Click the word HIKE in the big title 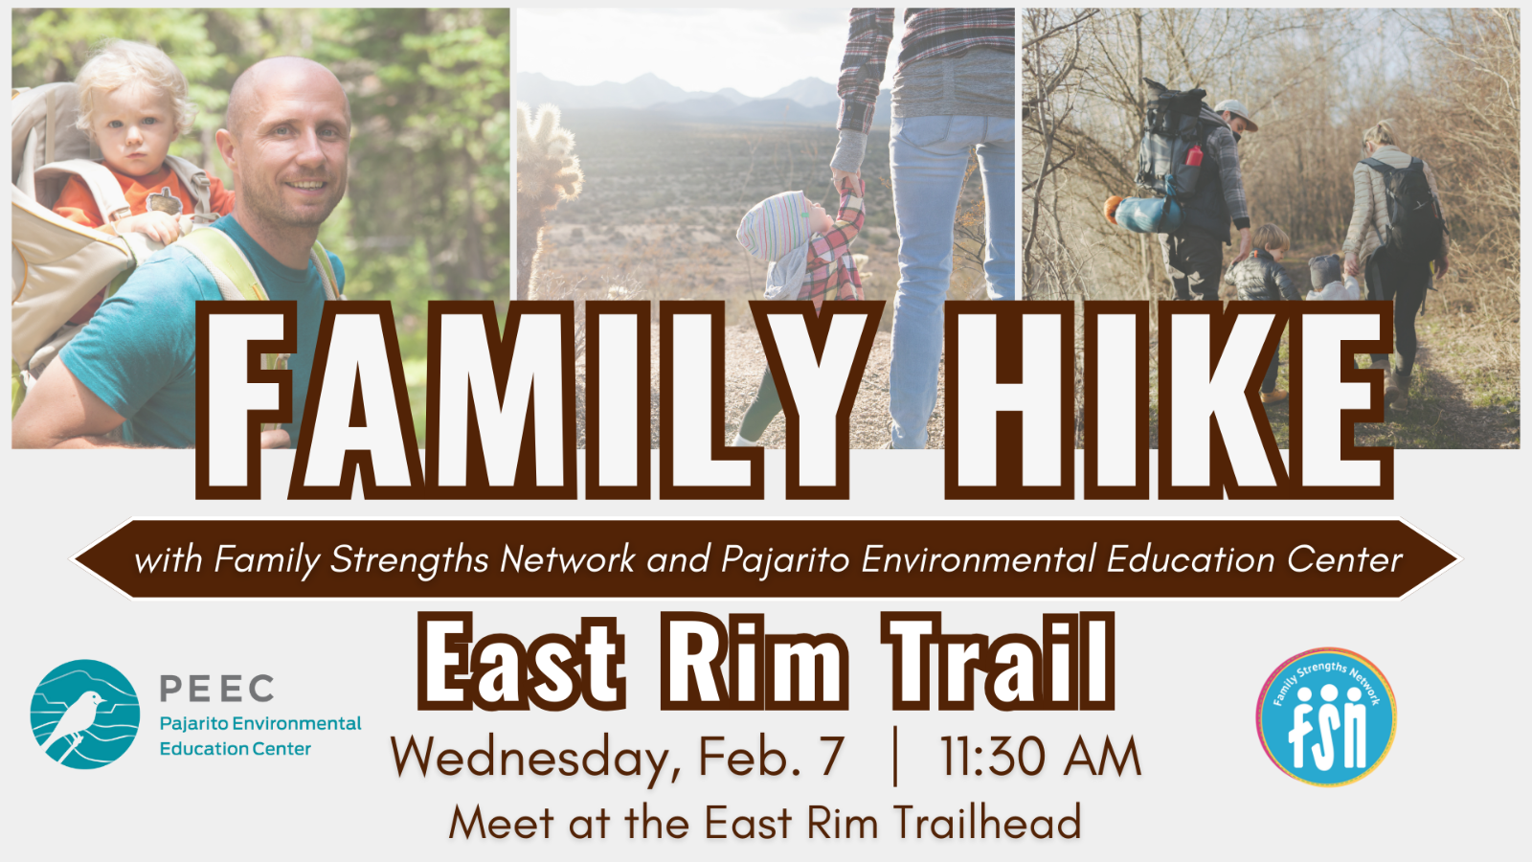[x=1168, y=400]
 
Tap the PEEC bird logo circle [x=85, y=715]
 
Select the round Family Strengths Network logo [x=1325, y=717]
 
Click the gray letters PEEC [x=216, y=689]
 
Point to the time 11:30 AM [x=1040, y=758]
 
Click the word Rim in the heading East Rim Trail [x=754, y=660]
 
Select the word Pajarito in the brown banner [x=785, y=559]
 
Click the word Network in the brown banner [x=568, y=559]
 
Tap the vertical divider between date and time [x=895, y=757]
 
